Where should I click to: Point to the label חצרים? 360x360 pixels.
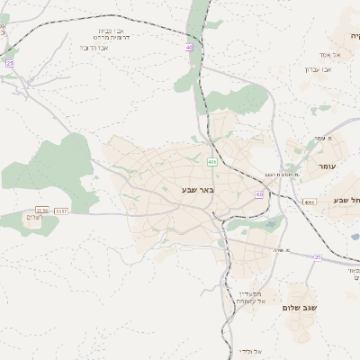(30, 219)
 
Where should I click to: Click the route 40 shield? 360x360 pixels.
(189, 47)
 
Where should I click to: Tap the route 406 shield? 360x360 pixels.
(211, 162)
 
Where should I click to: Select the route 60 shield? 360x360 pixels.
(259, 193)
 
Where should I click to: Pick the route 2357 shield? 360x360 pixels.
(61, 211)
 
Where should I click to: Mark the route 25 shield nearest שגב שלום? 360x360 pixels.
(317, 256)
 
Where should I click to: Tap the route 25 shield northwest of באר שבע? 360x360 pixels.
(10, 64)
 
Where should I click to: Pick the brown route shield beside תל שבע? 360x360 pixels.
(310, 202)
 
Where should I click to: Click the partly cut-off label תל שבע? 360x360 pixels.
(346, 199)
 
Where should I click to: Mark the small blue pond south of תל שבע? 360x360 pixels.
(355, 238)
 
